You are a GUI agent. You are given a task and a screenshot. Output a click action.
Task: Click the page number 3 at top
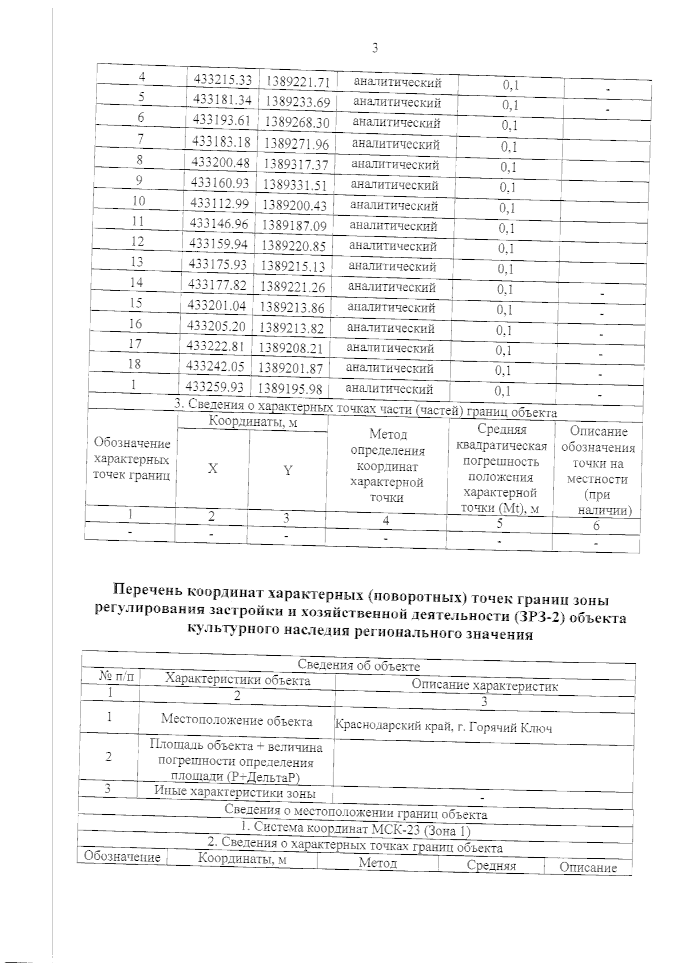click(x=375, y=48)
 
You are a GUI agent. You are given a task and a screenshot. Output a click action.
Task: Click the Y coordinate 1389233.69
click(x=298, y=102)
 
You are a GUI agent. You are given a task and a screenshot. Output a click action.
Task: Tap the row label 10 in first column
click(x=138, y=201)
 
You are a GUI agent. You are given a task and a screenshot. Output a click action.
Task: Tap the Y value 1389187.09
click(x=294, y=225)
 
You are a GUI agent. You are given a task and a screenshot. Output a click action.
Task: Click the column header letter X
click(x=212, y=469)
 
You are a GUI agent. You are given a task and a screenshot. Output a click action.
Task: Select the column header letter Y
click(x=288, y=470)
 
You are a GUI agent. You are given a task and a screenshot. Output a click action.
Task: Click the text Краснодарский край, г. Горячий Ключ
click(x=443, y=728)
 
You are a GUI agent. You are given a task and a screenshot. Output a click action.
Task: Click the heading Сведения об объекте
click(x=358, y=666)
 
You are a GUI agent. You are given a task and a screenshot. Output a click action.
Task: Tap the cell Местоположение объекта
click(x=237, y=720)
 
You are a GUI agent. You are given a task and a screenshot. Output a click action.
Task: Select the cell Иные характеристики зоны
click(x=235, y=792)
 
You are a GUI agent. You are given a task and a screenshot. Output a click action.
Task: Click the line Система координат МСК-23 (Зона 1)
click(x=355, y=829)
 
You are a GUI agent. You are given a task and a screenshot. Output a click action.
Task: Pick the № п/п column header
click(x=118, y=677)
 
